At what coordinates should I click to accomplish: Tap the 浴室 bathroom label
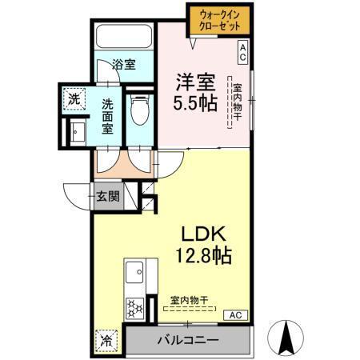124,65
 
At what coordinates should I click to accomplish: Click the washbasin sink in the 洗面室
78,132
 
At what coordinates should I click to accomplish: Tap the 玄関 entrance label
108,196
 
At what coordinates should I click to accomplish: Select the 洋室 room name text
195,82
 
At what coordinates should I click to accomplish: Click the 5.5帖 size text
195,104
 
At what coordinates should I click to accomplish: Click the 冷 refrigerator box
106,339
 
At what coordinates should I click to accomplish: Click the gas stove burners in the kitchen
134,306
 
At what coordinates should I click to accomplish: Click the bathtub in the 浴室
124,38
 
